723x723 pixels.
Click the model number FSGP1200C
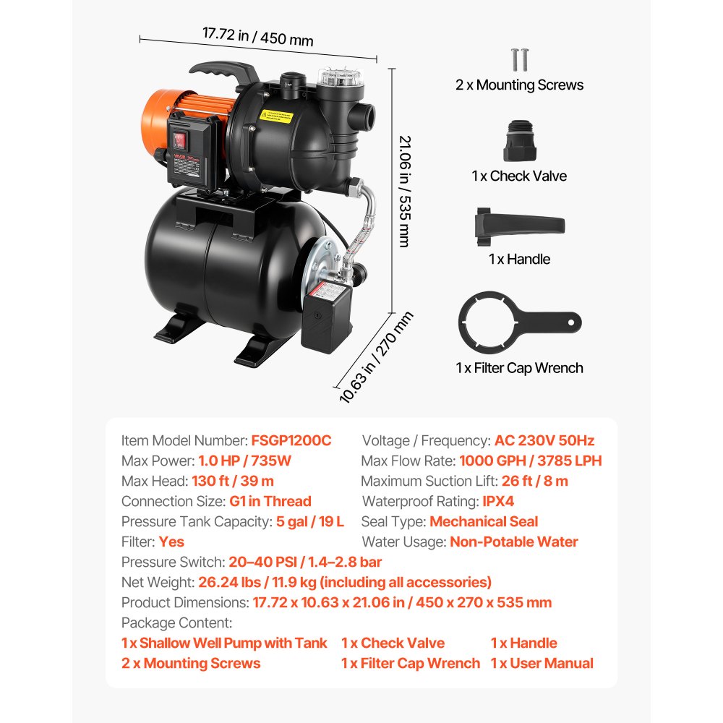click(x=291, y=440)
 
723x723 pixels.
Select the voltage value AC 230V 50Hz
click(x=544, y=440)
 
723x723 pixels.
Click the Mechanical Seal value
click(x=484, y=521)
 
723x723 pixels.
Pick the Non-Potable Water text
click(x=513, y=542)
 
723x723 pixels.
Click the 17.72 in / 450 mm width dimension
click(x=257, y=35)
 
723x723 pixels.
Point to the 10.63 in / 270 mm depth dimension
click(x=376, y=357)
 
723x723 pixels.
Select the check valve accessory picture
click(x=518, y=142)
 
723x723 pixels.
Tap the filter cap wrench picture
click(x=518, y=322)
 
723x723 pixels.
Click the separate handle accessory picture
click(x=518, y=224)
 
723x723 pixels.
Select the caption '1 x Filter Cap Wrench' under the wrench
click(x=518, y=368)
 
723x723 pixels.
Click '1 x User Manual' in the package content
click(x=542, y=663)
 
